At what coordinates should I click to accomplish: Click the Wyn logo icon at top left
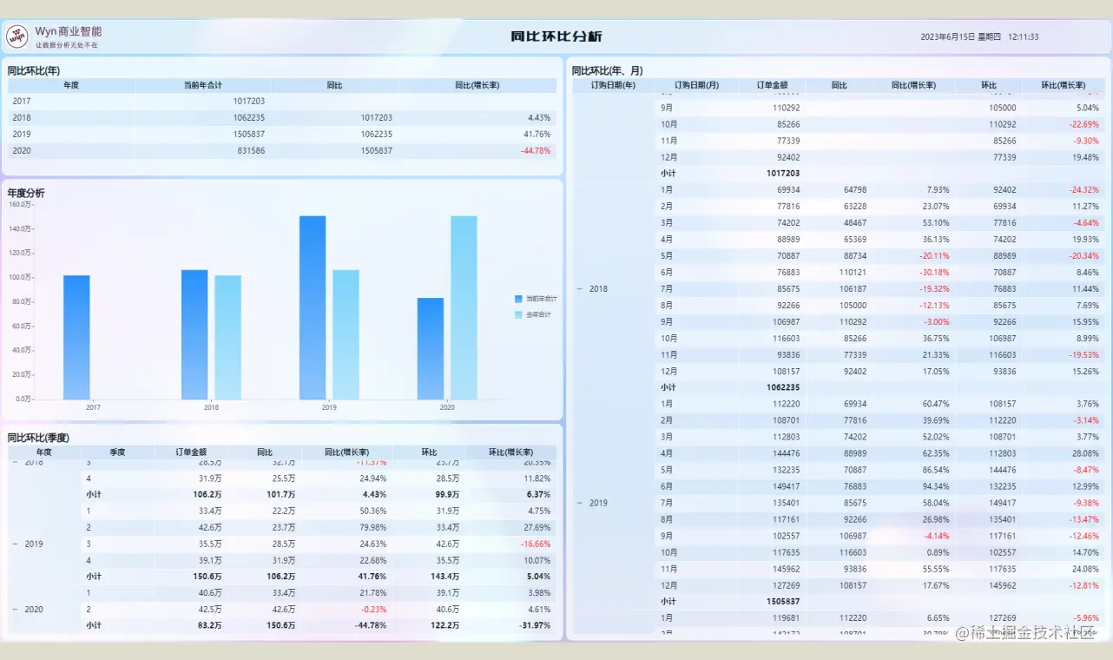17,36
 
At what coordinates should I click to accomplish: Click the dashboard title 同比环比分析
556,36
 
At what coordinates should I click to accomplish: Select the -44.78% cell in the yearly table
536,150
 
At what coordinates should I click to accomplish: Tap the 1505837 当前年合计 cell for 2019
249,134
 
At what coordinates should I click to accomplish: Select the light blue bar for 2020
464,307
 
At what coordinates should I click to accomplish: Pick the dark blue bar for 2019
313,307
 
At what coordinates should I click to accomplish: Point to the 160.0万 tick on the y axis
20,205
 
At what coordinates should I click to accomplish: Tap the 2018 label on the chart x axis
211,407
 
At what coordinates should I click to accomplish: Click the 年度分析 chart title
26,193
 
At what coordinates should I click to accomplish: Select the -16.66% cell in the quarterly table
533,544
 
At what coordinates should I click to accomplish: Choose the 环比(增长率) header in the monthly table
1064,85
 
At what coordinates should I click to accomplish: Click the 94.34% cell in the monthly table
932,486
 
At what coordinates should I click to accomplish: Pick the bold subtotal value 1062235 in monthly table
783,387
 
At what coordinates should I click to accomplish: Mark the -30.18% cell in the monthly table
932,272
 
